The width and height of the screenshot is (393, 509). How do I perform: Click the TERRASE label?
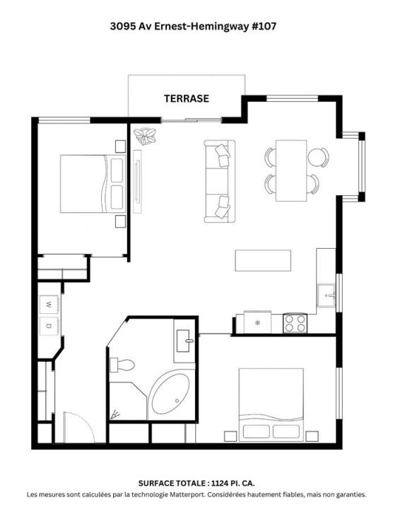187,98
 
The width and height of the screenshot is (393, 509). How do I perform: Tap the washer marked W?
49,304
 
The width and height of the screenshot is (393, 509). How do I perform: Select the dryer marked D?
49,326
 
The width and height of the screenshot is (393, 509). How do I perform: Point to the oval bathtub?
170,394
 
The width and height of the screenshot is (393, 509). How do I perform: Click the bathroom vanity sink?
184,341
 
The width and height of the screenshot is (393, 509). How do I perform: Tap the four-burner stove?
295,323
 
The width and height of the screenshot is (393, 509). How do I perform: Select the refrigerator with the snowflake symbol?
257,322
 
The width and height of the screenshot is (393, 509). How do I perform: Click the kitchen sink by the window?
326,295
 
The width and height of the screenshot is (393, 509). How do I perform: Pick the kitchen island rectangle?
263,260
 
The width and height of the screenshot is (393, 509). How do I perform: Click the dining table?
291,170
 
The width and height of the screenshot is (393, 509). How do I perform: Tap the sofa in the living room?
219,181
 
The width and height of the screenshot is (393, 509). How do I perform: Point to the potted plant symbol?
145,136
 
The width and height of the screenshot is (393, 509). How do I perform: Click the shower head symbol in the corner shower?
115,414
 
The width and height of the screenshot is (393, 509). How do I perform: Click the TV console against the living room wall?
138,182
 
